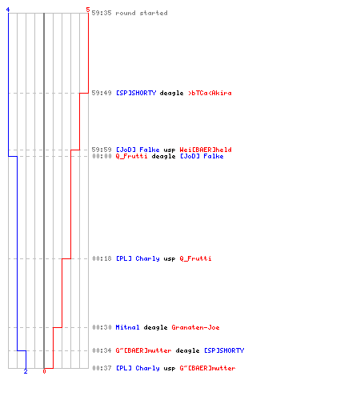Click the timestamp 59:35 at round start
tap(102, 13)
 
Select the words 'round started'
tap(142, 13)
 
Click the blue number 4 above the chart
tap(8, 10)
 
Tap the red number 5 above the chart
tap(88, 10)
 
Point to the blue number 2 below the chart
tap(26, 371)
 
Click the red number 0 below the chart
tap(44, 371)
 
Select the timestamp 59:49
tap(102, 93)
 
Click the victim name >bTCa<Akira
tap(210, 93)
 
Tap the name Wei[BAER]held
tap(206, 150)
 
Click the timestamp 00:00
tap(102, 156)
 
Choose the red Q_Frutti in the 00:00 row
tap(131, 156)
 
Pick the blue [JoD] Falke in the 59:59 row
tap(138, 150)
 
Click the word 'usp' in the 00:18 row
tap(170, 258)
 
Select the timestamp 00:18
tap(102, 258)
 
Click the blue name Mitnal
tap(127, 327)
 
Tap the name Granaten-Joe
tap(195, 327)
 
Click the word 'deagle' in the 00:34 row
tap(187, 350)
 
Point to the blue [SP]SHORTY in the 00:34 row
tap(224, 350)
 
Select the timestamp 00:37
tap(102, 368)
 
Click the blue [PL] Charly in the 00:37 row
tap(138, 368)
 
